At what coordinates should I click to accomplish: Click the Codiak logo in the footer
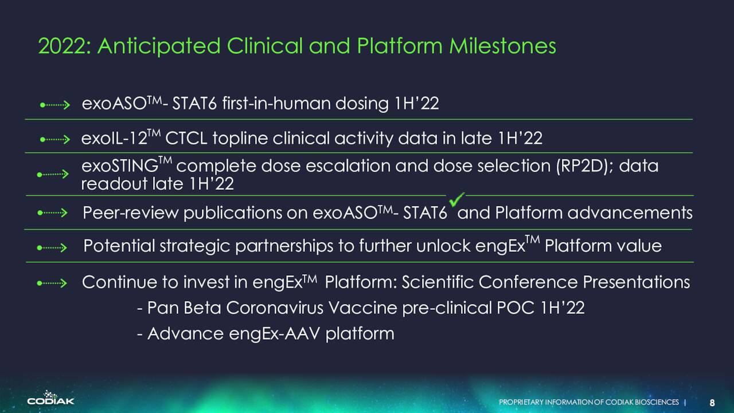click(x=51, y=398)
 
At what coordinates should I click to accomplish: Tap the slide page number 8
click(x=712, y=403)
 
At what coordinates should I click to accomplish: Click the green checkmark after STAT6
click(x=456, y=199)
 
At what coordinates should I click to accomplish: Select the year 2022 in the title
click(x=63, y=46)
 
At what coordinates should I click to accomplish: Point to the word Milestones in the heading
click(x=502, y=46)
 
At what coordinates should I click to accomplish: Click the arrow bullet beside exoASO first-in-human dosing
click(x=54, y=105)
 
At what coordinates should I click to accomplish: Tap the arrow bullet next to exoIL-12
click(x=54, y=139)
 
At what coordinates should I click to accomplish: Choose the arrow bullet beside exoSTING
click(x=53, y=174)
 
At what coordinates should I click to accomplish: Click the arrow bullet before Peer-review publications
click(x=52, y=213)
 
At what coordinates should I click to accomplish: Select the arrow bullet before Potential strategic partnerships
click(x=52, y=247)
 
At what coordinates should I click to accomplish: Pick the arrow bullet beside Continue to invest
click(x=52, y=283)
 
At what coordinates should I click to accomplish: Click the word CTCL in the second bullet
click(x=186, y=138)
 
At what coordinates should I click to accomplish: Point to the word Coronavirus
click(x=274, y=308)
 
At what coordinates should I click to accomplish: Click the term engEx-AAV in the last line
click(x=275, y=334)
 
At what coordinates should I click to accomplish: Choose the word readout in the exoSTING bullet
click(x=114, y=184)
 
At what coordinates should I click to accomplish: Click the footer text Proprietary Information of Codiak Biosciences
click(x=589, y=402)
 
